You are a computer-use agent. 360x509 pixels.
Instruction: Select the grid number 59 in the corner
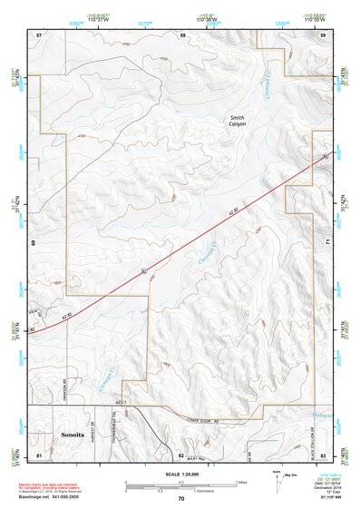click(x=323, y=34)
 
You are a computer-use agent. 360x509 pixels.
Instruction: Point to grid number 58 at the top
click(x=182, y=34)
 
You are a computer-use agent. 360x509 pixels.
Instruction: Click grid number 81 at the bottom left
click(x=38, y=453)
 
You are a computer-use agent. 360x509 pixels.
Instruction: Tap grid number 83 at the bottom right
click(x=323, y=453)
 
